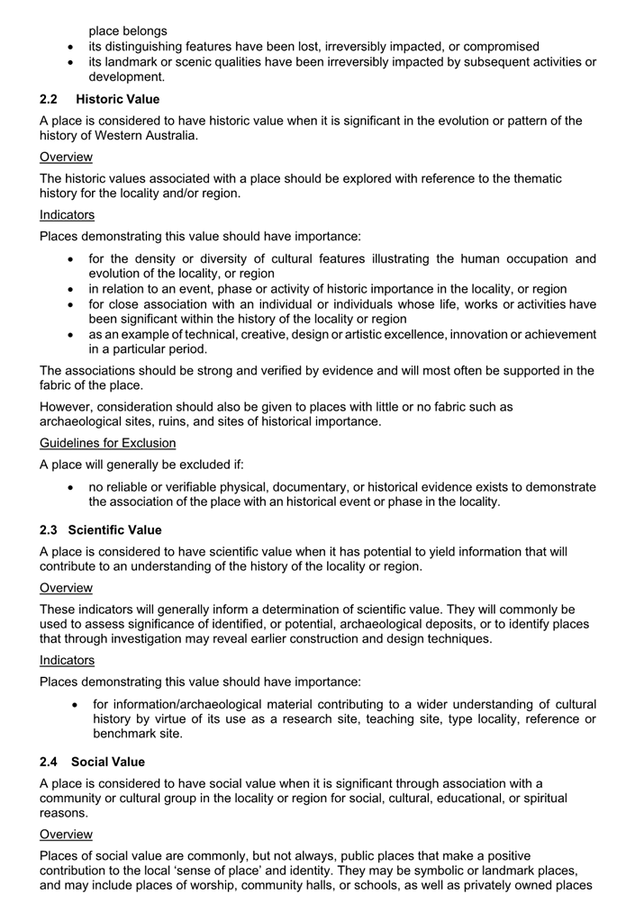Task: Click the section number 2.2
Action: [x=49, y=98]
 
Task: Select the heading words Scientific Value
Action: [x=115, y=528]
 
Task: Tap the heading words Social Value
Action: [x=108, y=762]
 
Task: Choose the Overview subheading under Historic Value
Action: [x=66, y=157]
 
